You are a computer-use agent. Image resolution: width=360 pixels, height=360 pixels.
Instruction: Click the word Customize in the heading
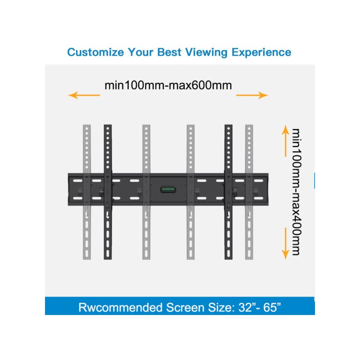pyautogui.click(x=95, y=52)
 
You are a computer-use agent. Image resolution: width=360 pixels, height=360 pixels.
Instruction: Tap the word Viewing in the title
pyautogui.click(x=206, y=53)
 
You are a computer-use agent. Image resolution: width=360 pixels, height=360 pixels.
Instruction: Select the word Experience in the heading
pyautogui.click(x=261, y=53)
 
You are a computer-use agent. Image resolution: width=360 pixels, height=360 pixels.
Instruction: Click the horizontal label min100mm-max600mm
pyautogui.click(x=168, y=85)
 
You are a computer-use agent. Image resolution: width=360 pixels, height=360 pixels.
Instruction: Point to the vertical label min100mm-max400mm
pyautogui.click(x=296, y=192)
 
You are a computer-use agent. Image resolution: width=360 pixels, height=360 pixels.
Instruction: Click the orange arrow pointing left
pyautogui.click(x=84, y=95)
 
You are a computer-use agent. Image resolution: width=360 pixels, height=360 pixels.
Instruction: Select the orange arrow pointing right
pyautogui.click(x=252, y=95)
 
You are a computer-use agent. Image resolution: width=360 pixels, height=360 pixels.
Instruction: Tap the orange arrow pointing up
pyautogui.click(x=285, y=141)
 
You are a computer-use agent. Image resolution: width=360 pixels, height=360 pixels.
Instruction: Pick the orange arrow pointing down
pyautogui.click(x=285, y=243)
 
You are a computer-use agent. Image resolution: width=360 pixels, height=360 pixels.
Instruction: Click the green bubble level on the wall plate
pyautogui.click(x=168, y=189)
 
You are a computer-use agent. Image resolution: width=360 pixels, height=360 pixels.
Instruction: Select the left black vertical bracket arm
pyautogui.click(x=108, y=192)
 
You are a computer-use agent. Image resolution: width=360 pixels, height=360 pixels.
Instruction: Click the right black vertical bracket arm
pyautogui.click(x=229, y=192)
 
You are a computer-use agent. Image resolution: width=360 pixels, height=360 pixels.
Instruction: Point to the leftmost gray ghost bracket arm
pyautogui.click(x=87, y=192)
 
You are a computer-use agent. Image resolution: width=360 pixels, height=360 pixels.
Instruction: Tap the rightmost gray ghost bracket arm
pyautogui.click(x=249, y=192)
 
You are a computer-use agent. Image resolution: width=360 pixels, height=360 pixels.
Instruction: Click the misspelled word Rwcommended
pyautogui.click(x=121, y=307)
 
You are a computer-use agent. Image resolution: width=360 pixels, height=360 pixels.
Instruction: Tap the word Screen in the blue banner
pyautogui.click(x=185, y=307)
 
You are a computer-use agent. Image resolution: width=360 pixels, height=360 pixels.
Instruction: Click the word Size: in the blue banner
pyautogui.click(x=221, y=307)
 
